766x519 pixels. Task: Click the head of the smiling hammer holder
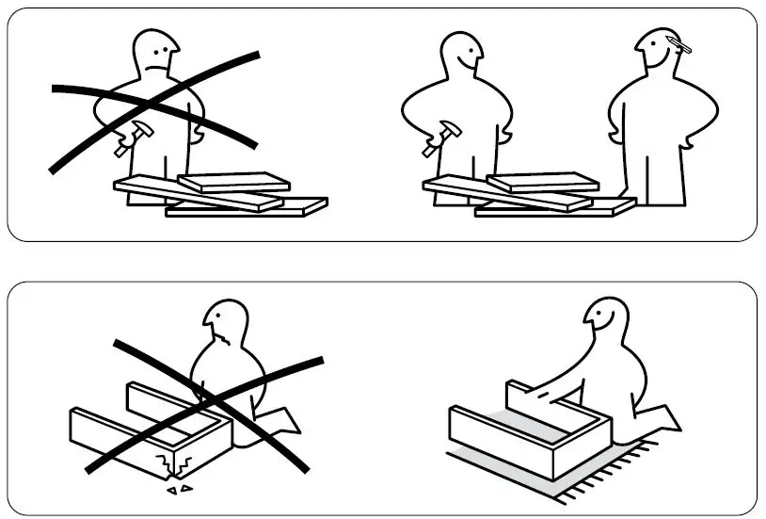[x=462, y=57]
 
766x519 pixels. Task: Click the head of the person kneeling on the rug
[x=603, y=325]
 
